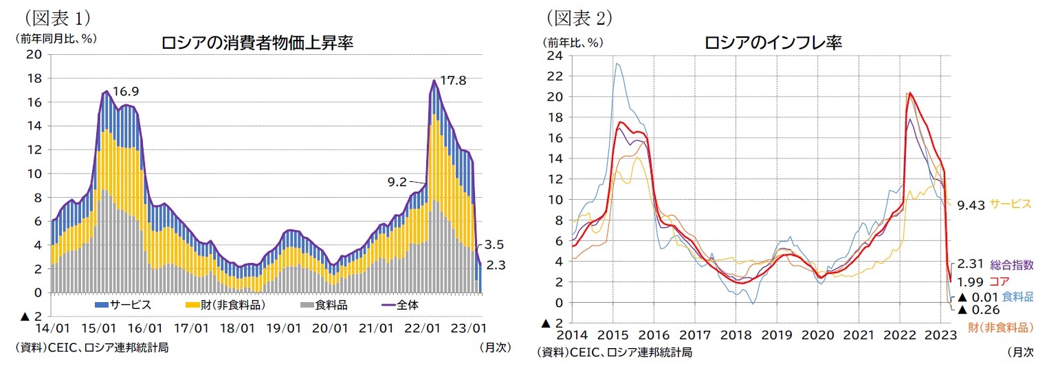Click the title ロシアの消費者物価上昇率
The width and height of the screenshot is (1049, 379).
(257, 43)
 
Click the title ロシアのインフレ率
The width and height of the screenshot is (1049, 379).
(773, 43)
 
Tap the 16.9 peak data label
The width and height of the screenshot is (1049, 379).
(126, 91)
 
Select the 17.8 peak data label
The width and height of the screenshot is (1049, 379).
(453, 80)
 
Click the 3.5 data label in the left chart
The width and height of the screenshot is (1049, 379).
(494, 244)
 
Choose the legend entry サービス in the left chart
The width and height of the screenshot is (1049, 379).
(123, 304)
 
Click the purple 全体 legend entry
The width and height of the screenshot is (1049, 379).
(399, 304)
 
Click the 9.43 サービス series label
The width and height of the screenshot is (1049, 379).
(994, 204)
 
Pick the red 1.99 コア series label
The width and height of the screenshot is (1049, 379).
(984, 281)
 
